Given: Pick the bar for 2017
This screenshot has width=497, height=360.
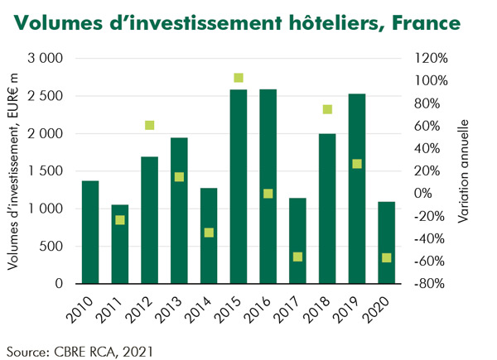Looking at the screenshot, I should tap(297, 241).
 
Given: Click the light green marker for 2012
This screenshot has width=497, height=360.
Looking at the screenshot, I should tap(150, 126).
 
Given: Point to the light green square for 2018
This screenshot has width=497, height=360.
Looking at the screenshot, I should tap(327, 109).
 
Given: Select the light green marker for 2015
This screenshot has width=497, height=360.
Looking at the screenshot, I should tap(239, 78).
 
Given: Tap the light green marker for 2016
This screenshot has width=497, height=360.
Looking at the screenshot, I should tap(268, 194).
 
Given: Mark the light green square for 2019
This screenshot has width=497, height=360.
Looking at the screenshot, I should tap(357, 164).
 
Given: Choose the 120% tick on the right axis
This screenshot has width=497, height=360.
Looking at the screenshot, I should tap(431, 59).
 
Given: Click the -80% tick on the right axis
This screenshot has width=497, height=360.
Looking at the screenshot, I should tap(431, 284).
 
